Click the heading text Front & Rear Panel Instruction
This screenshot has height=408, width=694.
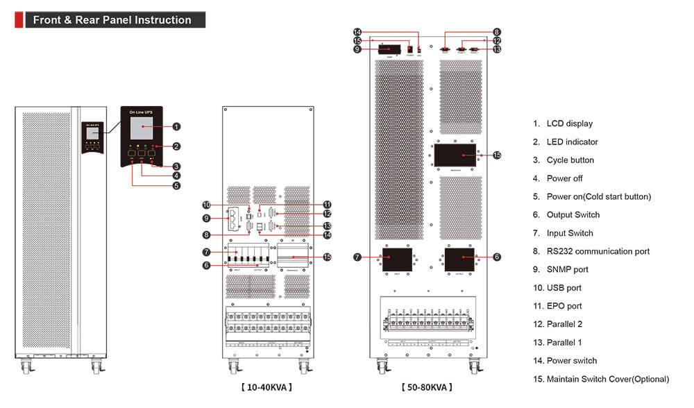tap(112, 20)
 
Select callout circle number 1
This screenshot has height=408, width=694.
tap(177, 126)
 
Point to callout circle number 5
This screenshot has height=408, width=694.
tap(177, 185)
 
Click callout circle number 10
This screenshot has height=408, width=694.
tap(206, 205)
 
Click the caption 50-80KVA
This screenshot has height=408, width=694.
tap(426, 387)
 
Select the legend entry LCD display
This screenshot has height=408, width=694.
tap(569, 124)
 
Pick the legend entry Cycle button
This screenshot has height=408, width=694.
tap(570, 160)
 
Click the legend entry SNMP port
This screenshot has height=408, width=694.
tap(567, 269)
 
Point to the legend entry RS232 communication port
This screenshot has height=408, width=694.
tap(598, 251)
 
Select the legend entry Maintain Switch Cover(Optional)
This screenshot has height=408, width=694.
tap(607, 379)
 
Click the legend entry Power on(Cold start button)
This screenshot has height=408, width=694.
tap(598, 196)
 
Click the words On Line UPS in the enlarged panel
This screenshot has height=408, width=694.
tap(141, 110)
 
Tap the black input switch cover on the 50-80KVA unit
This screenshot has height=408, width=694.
tap(393, 260)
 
